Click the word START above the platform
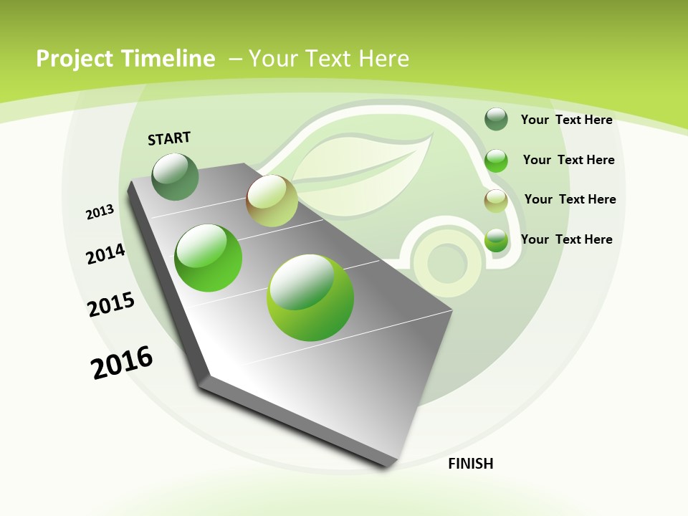pos(169,138)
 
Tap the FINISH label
pos(470,464)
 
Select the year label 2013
pos(100,212)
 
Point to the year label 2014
pos(105,254)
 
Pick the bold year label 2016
pos(122,363)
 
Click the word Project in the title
pos(75,59)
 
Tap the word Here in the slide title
pos(383,59)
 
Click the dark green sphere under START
pos(175,176)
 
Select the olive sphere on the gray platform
pos(272,201)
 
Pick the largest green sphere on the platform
pos(310,297)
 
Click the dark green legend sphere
pos(496,119)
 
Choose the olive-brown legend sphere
pos(496,201)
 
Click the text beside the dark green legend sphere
pos(566,120)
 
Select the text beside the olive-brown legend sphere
pos(570,199)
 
